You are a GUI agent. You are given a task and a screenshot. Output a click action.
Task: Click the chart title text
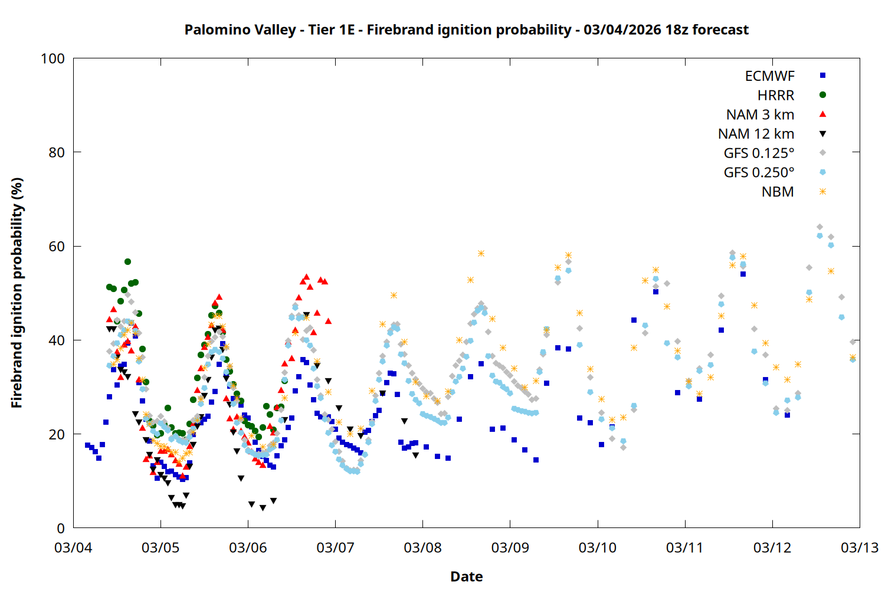click(466, 29)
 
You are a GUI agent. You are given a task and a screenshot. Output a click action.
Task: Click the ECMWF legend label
click(769, 76)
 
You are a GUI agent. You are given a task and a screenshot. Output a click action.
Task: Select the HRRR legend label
click(776, 95)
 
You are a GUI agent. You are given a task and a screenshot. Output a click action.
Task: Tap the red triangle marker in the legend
click(822, 114)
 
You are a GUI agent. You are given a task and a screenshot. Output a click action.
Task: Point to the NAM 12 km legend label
click(756, 134)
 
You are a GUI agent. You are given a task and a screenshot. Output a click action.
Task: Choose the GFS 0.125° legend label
click(759, 153)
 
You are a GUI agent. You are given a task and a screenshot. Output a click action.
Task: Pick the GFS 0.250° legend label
click(759, 173)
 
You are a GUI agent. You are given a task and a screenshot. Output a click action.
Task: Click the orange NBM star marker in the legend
click(822, 192)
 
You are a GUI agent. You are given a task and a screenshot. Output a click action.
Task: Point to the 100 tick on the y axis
click(53, 58)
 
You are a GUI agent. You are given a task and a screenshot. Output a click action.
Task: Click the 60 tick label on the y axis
click(57, 247)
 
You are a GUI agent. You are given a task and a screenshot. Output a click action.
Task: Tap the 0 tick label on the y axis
click(61, 529)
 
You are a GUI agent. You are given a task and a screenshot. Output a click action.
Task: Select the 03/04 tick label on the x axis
click(73, 548)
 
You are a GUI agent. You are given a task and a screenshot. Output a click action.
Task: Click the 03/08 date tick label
click(422, 548)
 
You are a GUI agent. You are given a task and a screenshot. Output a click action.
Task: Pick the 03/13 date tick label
click(859, 548)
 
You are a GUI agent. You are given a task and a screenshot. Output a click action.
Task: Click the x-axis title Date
click(466, 576)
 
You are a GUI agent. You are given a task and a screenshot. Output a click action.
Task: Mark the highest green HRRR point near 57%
click(127, 261)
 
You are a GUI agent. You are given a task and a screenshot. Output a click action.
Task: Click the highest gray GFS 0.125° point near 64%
click(820, 227)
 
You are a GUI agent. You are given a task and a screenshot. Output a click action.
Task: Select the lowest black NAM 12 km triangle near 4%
click(263, 508)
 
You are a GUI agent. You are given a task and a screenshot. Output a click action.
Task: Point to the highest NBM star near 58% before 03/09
click(481, 254)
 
